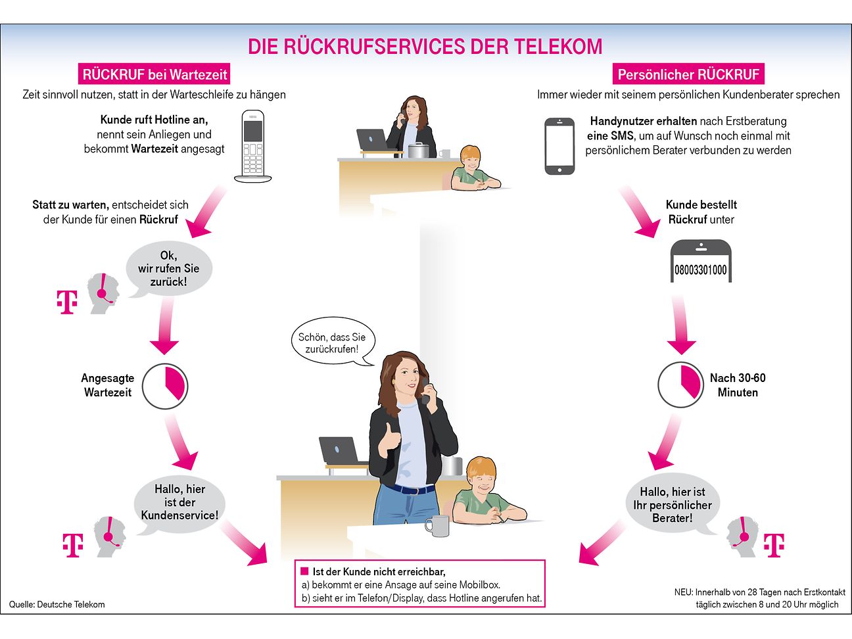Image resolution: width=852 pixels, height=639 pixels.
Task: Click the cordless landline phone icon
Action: (253, 146)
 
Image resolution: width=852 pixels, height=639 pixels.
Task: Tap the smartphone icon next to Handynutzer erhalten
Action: (559, 146)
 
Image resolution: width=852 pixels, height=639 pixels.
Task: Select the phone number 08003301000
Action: (701, 270)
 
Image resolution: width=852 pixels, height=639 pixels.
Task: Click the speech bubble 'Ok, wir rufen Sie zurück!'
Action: (169, 268)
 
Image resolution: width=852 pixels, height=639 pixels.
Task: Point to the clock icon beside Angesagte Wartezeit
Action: (165, 385)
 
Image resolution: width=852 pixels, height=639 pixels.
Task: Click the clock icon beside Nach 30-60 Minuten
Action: (680, 385)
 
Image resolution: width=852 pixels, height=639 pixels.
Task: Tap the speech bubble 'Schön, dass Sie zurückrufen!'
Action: (332, 343)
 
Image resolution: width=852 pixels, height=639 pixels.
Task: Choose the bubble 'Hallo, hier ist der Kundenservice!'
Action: (179, 502)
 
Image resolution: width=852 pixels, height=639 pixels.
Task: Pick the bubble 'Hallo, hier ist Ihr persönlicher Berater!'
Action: (673, 504)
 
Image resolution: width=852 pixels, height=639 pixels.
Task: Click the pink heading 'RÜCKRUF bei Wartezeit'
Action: (155, 74)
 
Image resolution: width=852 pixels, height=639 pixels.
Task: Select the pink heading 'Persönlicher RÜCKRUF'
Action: (688, 74)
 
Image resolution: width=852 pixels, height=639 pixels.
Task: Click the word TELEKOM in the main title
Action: (557, 47)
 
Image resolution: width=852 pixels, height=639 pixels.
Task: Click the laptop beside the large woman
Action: (340, 452)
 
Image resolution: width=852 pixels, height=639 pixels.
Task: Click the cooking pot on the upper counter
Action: (418, 150)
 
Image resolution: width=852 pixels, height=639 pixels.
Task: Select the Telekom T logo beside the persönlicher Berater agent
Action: (773, 545)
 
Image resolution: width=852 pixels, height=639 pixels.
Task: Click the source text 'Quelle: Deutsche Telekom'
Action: (57, 604)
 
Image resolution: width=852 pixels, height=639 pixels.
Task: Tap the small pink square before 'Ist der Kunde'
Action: (304, 571)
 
